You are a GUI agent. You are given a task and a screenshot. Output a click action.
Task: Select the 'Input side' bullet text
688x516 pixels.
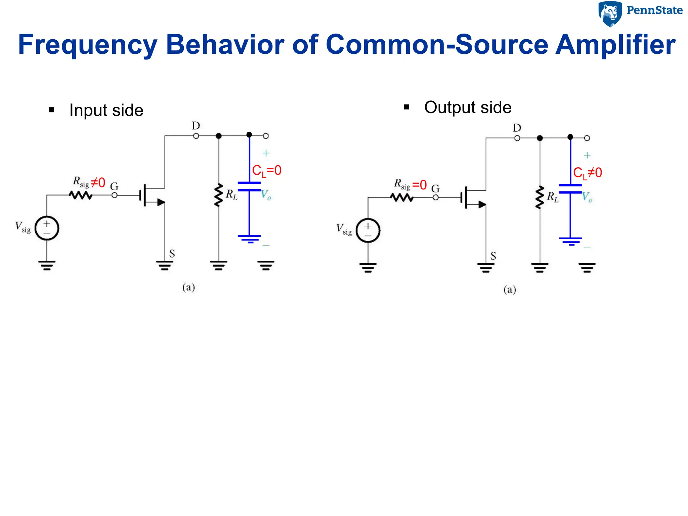[106, 110]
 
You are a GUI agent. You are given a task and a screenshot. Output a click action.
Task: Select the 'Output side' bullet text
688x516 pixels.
[468, 107]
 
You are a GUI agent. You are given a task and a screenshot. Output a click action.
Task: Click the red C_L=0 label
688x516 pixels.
[266, 171]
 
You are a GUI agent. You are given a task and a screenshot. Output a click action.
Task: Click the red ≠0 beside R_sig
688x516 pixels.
[98, 183]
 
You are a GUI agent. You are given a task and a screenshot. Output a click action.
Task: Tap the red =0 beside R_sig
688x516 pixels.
[419, 185]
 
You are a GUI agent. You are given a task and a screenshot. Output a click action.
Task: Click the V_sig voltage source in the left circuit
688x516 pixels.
[47, 228]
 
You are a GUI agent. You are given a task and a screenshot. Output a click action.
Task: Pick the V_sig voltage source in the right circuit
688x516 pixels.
[368, 230]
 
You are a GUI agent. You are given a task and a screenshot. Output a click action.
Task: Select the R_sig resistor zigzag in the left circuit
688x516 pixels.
[81, 195]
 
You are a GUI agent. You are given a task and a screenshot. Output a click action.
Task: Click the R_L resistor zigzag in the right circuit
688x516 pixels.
[540, 198]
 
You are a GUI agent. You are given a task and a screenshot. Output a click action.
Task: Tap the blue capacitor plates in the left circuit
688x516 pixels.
[249, 186]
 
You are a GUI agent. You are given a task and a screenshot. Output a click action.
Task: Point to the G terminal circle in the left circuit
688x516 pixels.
[115, 195]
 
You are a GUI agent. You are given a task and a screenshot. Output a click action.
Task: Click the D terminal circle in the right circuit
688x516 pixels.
[517, 138]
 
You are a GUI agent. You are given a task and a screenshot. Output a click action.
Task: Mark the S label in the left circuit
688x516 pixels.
[172, 254]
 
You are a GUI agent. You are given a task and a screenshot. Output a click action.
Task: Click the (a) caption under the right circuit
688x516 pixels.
[510, 290]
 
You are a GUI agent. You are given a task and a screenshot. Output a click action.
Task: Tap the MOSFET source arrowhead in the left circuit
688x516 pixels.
[161, 202]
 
